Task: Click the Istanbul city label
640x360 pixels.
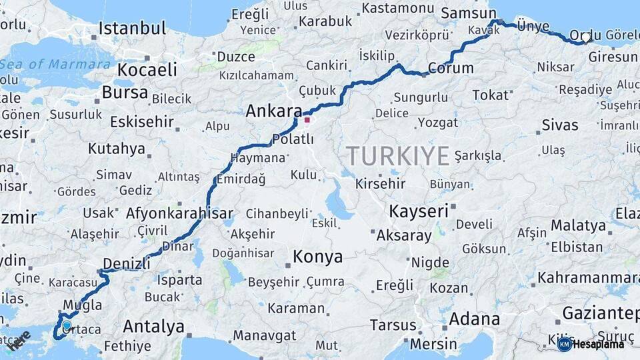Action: pos(132,29)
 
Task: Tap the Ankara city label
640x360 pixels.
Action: pos(273,111)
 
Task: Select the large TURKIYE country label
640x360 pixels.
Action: pos(397,157)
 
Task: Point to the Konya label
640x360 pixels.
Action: pos(318,257)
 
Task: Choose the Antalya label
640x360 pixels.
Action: pos(153,327)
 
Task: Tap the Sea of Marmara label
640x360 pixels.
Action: pos(56,65)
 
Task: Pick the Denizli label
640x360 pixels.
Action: pos(127,263)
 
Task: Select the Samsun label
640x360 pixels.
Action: pos(469,13)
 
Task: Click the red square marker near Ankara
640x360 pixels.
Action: pos(307,121)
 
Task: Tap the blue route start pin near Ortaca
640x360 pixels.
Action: pos(67,326)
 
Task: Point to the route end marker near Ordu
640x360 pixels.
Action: pos(585,39)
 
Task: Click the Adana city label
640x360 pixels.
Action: pos(474,319)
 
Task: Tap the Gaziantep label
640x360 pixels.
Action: pos(600,313)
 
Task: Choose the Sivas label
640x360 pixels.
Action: pos(560,125)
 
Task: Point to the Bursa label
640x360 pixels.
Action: pos(125,92)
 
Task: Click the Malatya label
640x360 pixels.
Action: pos(577,225)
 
